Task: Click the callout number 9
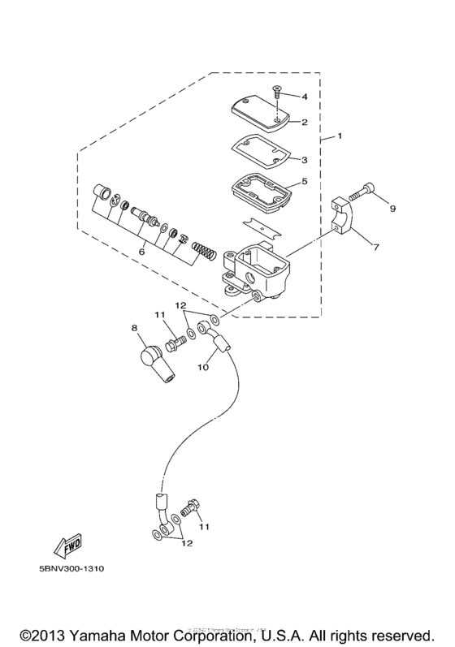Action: tap(392, 209)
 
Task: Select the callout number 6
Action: tap(143, 252)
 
